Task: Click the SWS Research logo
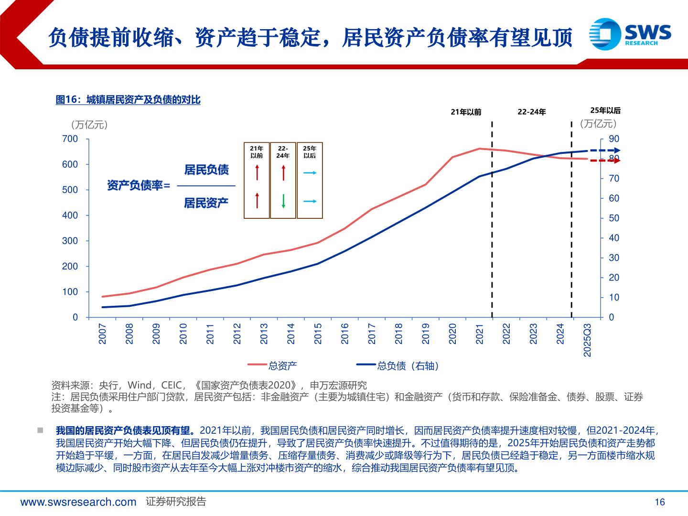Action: pos(630,34)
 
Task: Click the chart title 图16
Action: pos(128,100)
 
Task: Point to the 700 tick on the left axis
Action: pos(70,139)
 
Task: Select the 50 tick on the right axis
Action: pos(613,218)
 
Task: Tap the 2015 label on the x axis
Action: pos(318,333)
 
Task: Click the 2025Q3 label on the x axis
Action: pos(587,340)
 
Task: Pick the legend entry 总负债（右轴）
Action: pos(407,366)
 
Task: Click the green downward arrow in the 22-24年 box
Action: pos(283,201)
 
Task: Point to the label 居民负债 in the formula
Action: pos(206,170)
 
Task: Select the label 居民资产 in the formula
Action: pos(206,203)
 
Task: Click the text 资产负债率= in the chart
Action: pos(139,185)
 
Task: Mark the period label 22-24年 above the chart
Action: pos(532,112)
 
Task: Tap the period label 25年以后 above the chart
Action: pos(605,110)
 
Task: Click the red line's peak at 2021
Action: pos(480,149)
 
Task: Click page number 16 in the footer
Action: pos(659,502)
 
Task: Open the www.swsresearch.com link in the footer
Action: pos(78,502)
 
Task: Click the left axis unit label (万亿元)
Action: pos(89,125)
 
